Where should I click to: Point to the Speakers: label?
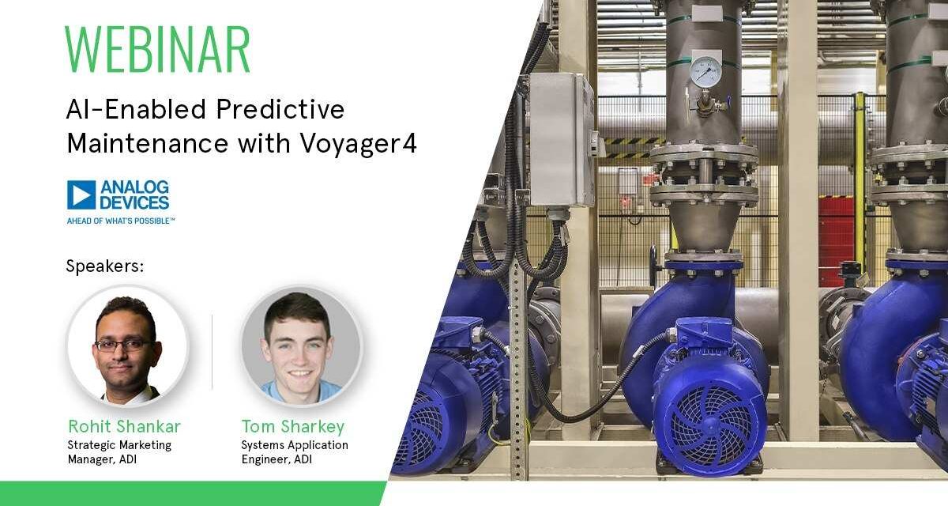coord(105,266)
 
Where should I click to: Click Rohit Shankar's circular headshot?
coord(127,346)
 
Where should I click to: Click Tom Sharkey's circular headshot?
coord(300,346)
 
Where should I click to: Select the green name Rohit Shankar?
coord(124,427)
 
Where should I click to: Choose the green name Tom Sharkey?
coord(293,427)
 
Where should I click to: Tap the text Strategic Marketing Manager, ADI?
coord(118,451)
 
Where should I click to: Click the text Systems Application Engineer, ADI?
coord(294,451)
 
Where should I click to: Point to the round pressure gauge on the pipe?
coord(705,72)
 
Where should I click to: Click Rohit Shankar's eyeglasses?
coord(123,345)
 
